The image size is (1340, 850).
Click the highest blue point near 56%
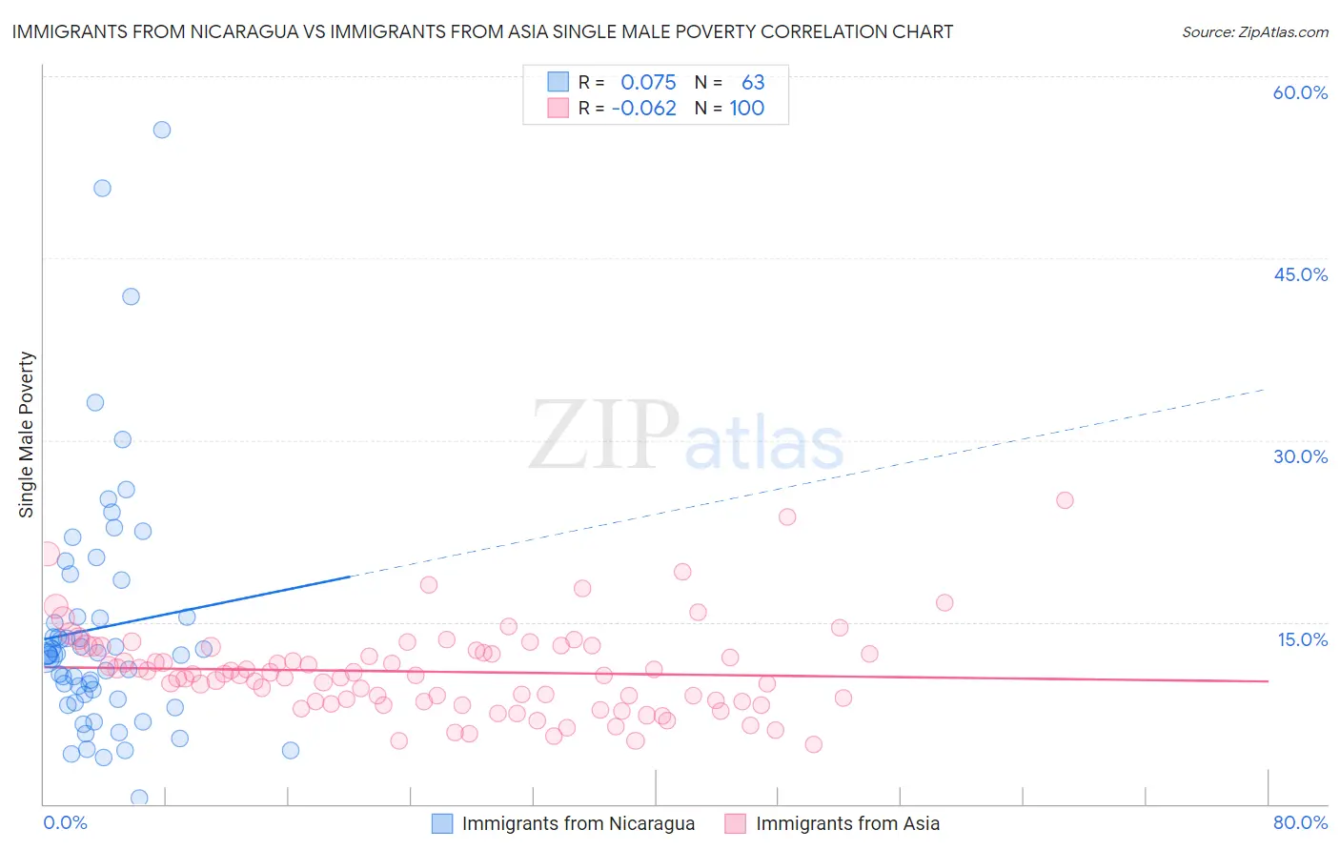[162, 130]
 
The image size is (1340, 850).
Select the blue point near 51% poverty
[102, 188]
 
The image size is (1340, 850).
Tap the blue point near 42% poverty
[131, 296]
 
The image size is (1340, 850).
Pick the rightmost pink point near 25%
[1065, 500]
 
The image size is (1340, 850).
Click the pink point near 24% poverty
[787, 516]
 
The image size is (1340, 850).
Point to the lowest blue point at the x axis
[139, 798]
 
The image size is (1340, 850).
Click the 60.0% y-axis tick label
[1300, 92]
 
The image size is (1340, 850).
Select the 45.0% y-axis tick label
[1300, 274]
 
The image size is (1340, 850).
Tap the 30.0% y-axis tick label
[1300, 456]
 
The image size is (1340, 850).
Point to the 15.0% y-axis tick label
[1302, 638]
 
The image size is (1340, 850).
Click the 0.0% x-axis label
[65, 822]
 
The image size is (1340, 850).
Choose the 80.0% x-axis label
[1300, 822]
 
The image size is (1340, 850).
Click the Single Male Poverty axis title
[27, 435]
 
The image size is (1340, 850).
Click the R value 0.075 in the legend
[648, 82]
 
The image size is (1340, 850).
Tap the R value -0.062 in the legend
[643, 108]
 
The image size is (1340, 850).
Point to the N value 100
[747, 108]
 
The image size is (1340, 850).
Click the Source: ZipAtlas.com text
[1254, 31]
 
